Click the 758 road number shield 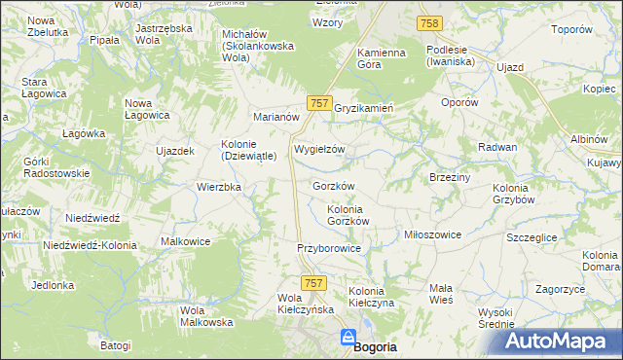pyautogui.click(x=429, y=22)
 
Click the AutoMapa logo pyautogui.click(x=562, y=342)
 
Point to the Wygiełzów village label pyautogui.click(x=319, y=150)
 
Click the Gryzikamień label pyautogui.click(x=363, y=108)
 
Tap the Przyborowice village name pyautogui.click(x=329, y=249)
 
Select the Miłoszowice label pyautogui.click(x=432, y=234)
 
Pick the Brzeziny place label pyautogui.click(x=450, y=177)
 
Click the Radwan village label pyautogui.click(x=496, y=146)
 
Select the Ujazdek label pyautogui.click(x=176, y=151)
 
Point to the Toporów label pyautogui.click(x=571, y=29)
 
